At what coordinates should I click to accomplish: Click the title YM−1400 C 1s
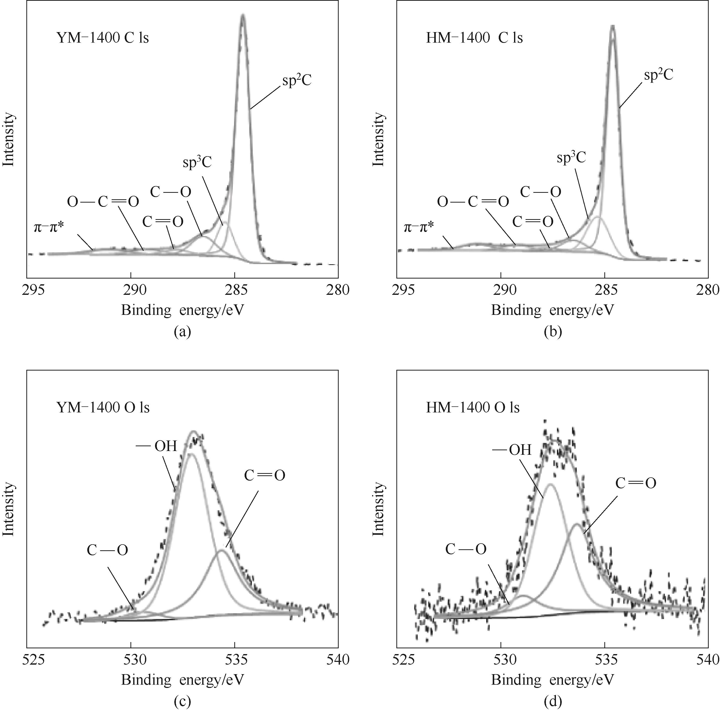[x=103, y=38]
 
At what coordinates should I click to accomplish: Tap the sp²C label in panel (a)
[x=297, y=81]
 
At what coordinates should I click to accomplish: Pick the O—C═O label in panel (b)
[x=473, y=202]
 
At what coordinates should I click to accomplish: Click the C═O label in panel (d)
[x=636, y=483]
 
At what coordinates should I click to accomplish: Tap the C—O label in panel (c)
[x=107, y=550]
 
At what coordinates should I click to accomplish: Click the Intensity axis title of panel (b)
[x=378, y=139]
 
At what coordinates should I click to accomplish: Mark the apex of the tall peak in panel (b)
[x=612, y=26]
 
